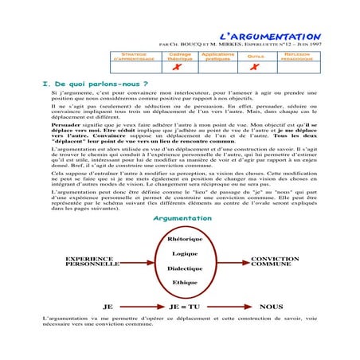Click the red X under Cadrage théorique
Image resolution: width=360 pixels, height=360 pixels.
[x=179, y=67]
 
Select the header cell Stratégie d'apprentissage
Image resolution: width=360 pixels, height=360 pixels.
[x=135, y=57]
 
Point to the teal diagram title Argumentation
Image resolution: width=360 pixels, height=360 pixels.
[x=182, y=218]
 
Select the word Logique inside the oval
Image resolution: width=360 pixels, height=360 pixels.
[x=184, y=253]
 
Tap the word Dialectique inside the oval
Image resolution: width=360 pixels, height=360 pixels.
[x=184, y=268]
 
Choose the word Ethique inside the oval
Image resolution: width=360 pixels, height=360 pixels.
[x=184, y=282]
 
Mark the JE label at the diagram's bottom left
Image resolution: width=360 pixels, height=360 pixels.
[x=109, y=305]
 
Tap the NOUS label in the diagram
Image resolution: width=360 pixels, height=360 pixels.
[x=271, y=305]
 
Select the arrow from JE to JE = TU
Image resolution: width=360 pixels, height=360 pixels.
[x=143, y=305]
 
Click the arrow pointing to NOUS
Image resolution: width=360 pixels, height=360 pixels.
[x=231, y=305]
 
